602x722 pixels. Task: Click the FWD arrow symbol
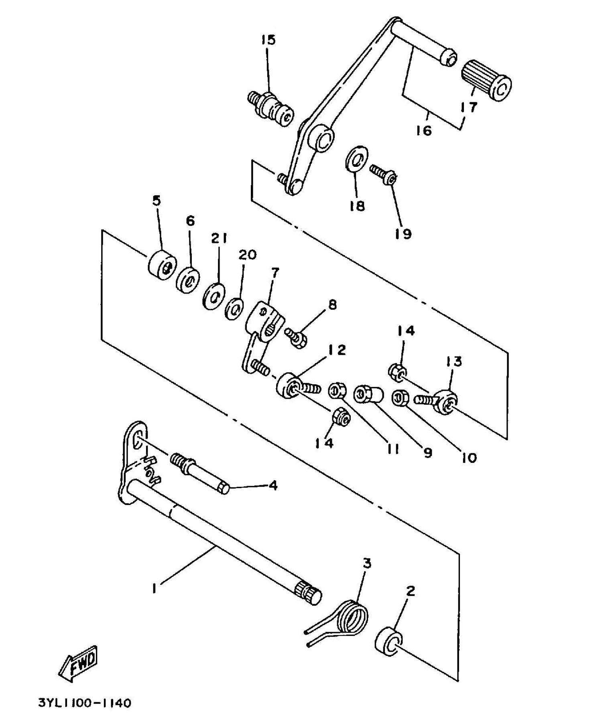point(79,663)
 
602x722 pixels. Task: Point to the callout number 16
point(424,130)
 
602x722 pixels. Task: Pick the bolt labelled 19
point(383,175)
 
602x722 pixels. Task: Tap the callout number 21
point(219,238)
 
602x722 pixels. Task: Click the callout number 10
point(469,458)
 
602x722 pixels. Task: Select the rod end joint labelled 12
point(288,385)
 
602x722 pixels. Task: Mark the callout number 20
point(247,255)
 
